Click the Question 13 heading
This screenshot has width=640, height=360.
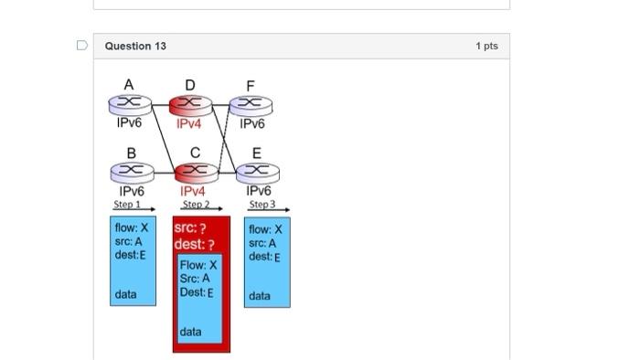click(135, 46)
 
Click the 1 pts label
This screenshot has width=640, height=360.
click(486, 46)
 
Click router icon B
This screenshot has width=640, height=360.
click(129, 171)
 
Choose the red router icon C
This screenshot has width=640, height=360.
click(192, 171)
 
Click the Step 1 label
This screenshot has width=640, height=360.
click(128, 205)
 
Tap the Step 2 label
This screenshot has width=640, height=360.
click(194, 205)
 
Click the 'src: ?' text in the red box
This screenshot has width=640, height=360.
click(190, 228)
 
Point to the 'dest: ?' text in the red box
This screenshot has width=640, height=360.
click(194, 245)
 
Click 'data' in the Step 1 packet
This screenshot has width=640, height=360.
click(126, 294)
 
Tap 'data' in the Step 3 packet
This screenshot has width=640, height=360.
click(260, 296)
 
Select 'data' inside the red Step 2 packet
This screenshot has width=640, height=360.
click(192, 331)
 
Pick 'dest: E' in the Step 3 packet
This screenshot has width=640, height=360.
click(264, 257)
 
